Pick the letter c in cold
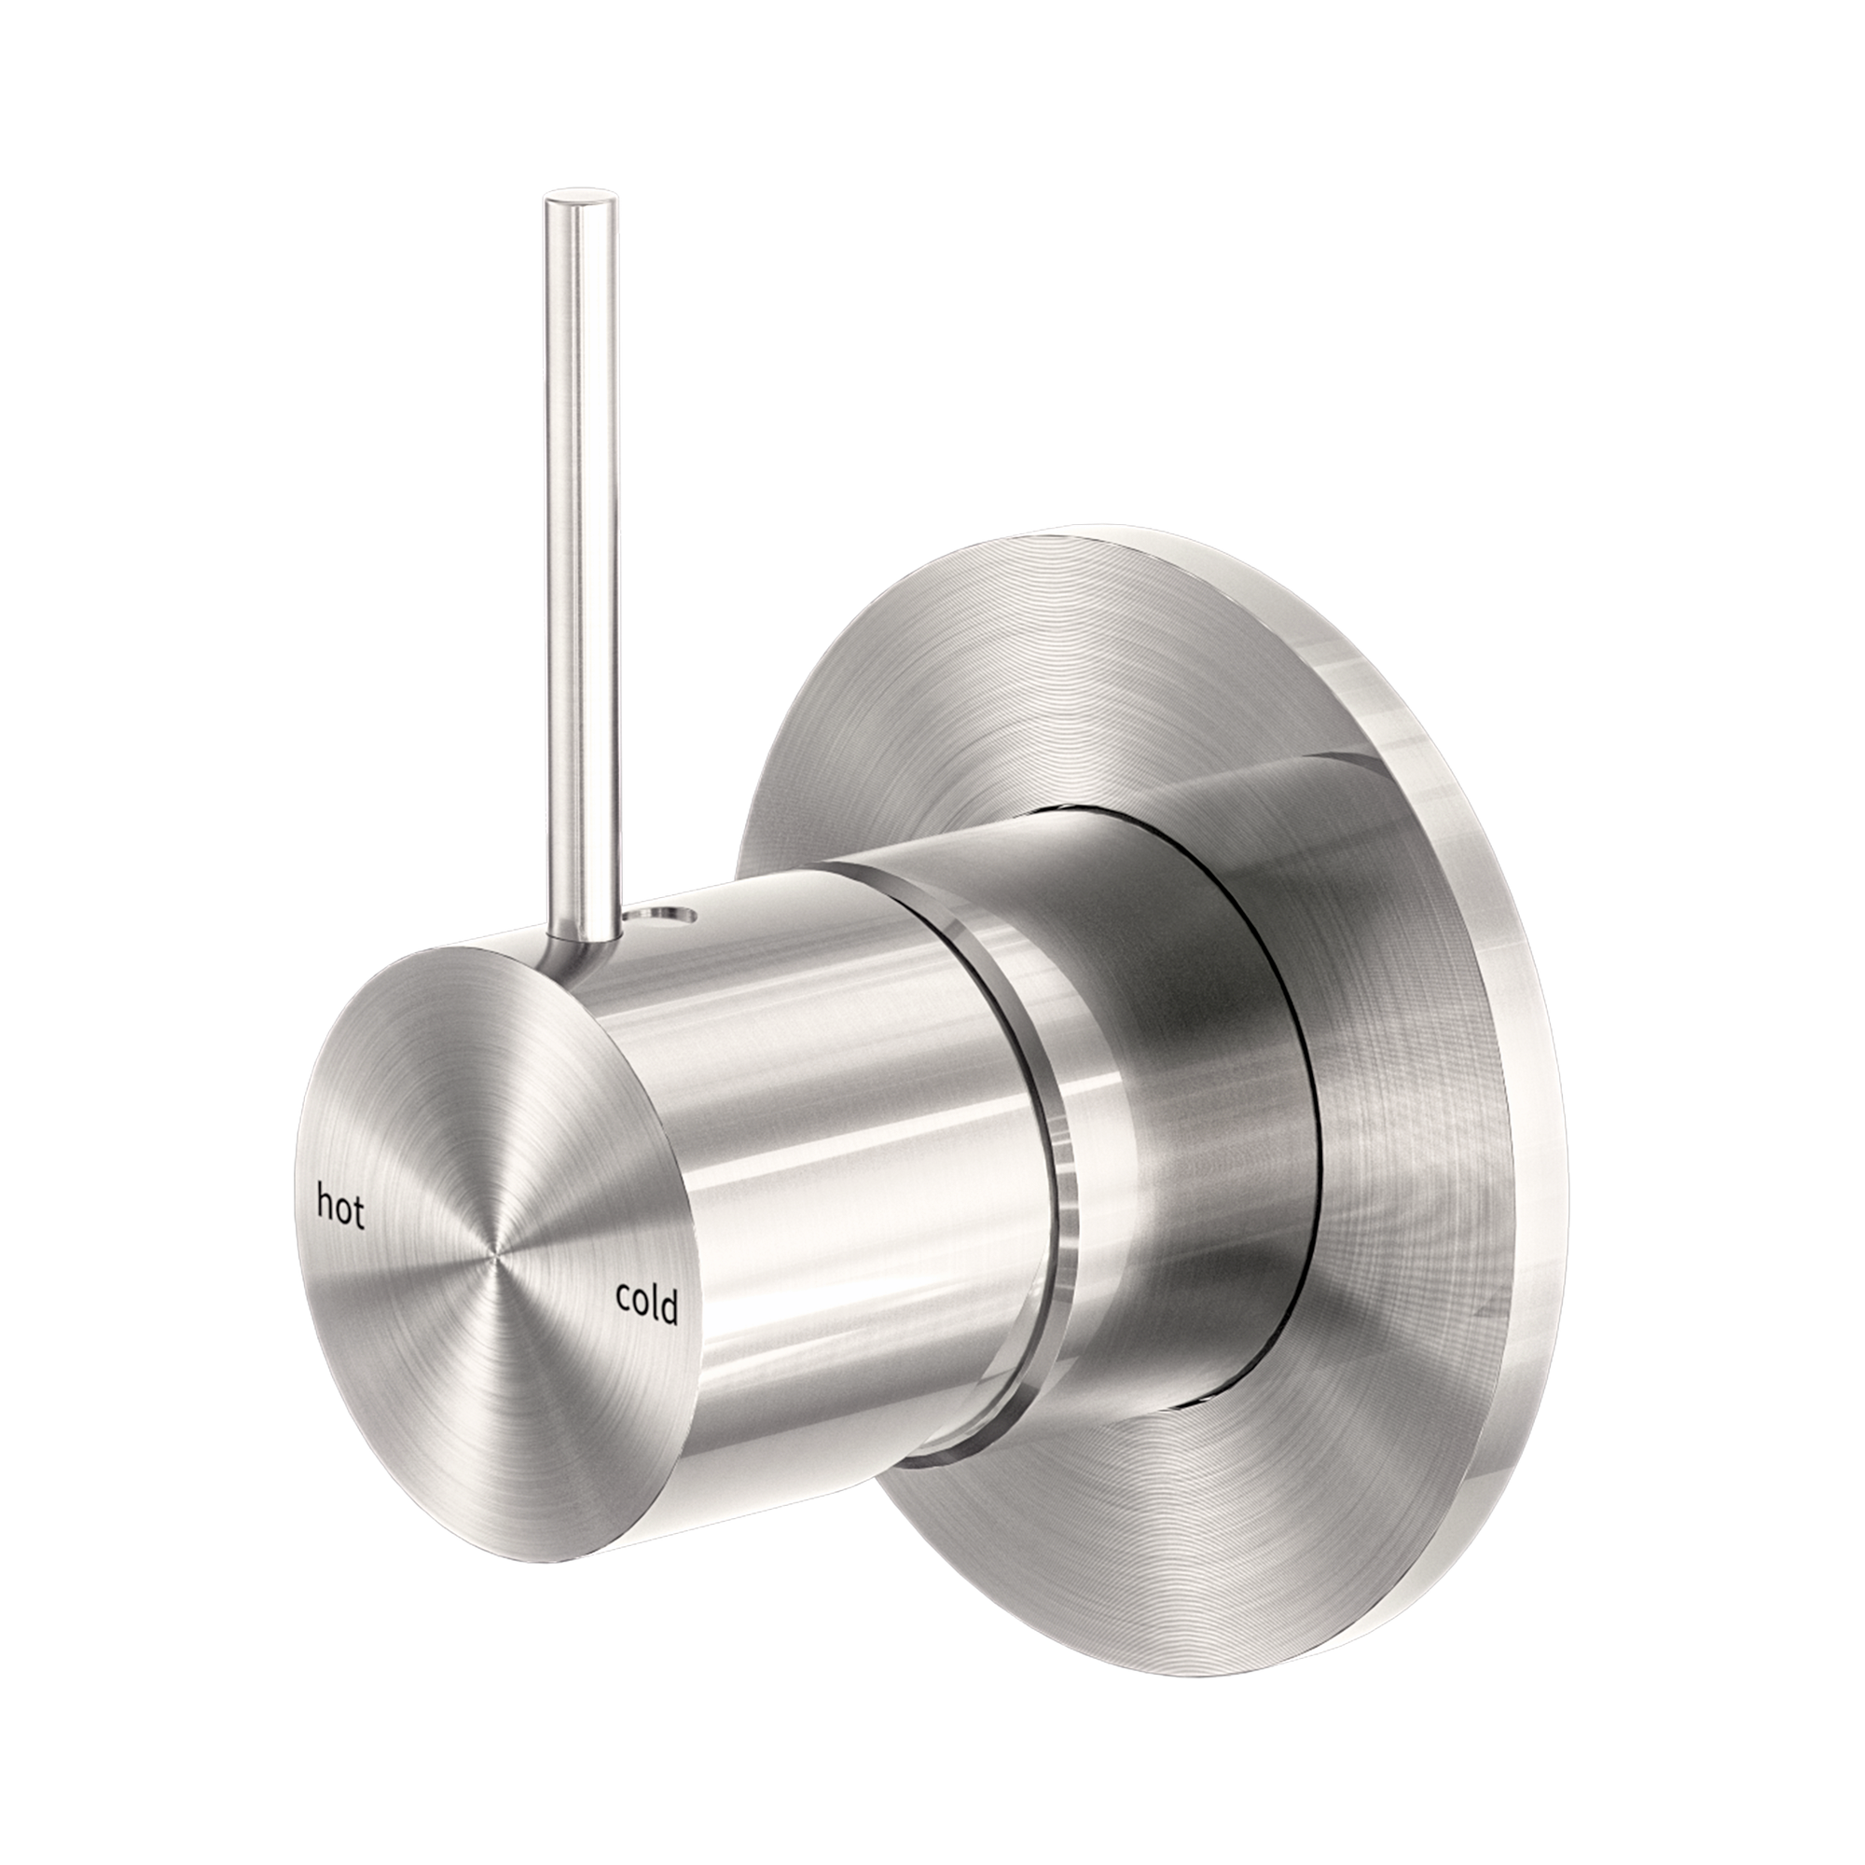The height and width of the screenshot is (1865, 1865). pos(624,1297)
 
